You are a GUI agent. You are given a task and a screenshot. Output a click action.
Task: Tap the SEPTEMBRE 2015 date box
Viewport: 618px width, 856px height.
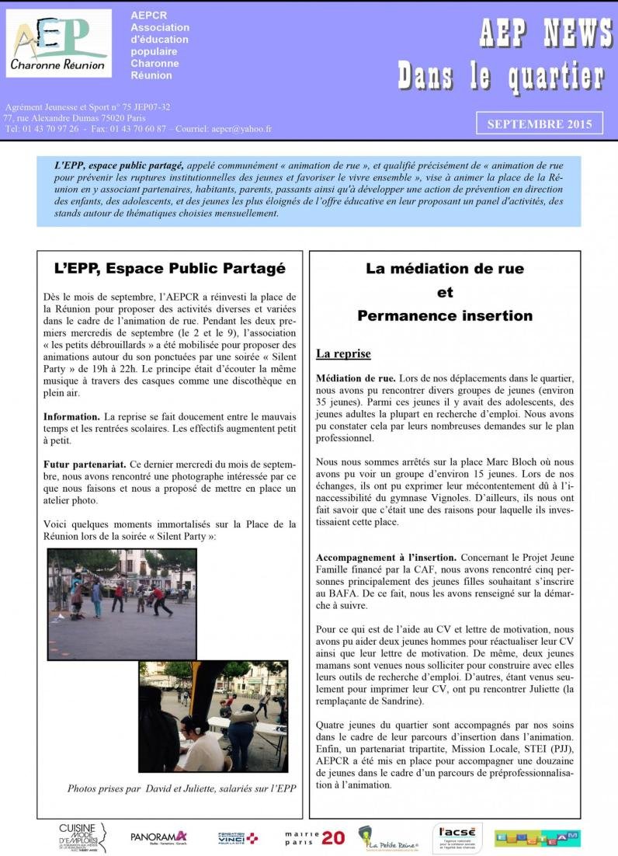[x=539, y=124]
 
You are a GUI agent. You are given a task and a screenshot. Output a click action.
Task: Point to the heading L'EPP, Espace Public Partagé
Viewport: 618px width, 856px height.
[x=170, y=269]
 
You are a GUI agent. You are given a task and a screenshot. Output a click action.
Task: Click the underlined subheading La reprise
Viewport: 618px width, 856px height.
[x=343, y=354]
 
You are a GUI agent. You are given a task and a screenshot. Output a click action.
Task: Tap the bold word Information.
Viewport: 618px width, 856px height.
[x=71, y=417]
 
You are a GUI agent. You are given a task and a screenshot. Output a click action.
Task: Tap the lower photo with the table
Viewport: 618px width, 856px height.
[x=213, y=716]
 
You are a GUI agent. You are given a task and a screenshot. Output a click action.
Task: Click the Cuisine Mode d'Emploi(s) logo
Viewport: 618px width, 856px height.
[x=82, y=837]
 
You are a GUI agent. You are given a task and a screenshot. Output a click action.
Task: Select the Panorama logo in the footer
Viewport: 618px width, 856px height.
[x=158, y=837]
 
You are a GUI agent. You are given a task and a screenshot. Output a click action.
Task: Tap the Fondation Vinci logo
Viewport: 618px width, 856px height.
[x=238, y=837]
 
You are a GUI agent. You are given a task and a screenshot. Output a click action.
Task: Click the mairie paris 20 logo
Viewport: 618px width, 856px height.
[x=314, y=837]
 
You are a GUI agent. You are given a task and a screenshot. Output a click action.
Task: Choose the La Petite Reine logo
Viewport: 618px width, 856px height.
[x=387, y=837]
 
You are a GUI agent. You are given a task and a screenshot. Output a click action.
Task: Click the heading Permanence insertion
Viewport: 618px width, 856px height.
[x=444, y=315]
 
